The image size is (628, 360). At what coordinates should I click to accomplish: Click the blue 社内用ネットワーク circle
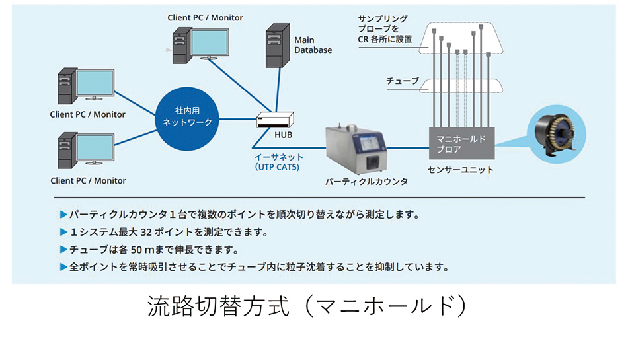(187, 117)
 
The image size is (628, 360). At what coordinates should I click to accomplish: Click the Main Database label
(313, 45)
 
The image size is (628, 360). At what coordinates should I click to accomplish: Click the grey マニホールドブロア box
(461, 144)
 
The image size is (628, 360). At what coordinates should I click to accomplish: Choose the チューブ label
(403, 81)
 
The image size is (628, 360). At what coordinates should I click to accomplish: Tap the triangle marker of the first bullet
(63, 215)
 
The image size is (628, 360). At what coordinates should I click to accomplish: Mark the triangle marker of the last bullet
(63, 268)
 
